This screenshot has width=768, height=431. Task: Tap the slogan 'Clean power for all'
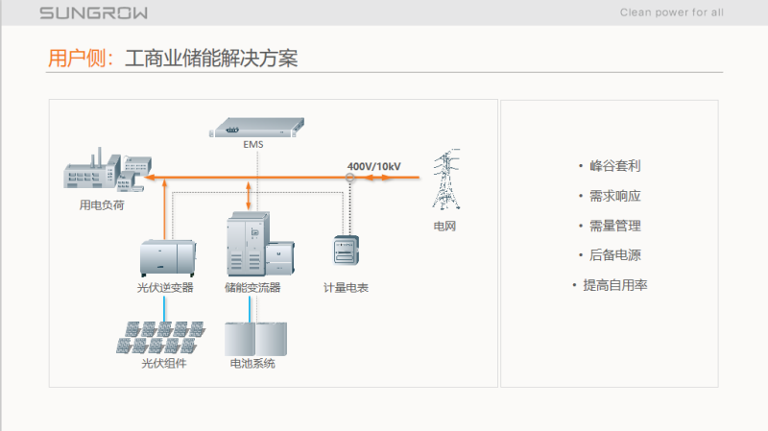[672, 12]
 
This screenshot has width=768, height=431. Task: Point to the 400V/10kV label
[373, 166]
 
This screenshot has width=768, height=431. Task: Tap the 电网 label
[444, 227]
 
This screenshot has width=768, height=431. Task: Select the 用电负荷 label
[102, 204]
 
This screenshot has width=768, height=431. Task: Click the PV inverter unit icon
[167, 257]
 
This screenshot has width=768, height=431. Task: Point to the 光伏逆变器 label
[165, 287]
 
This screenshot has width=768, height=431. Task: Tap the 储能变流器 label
[252, 287]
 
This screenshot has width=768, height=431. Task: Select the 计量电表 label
[346, 287]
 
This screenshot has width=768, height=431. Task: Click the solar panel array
[163, 336]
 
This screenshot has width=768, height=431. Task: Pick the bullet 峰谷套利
[614, 166]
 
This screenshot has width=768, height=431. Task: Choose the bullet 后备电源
[614, 255]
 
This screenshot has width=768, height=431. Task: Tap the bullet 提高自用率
[614, 285]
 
